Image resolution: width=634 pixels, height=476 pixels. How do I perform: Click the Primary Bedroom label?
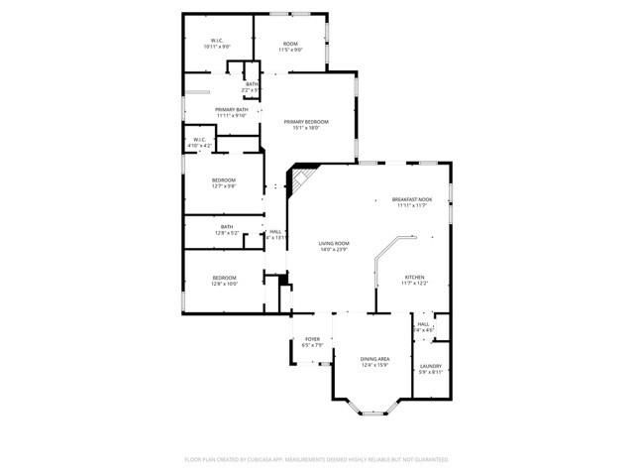click(x=305, y=121)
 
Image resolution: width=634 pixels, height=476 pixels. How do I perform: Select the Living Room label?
click(x=334, y=243)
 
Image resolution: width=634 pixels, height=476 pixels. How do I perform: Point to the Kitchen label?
click(x=414, y=278)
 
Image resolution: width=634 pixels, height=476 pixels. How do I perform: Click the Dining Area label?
click(x=374, y=359)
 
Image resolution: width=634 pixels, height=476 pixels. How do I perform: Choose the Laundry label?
click(x=430, y=366)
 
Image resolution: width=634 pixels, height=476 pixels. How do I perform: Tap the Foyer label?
click(x=312, y=339)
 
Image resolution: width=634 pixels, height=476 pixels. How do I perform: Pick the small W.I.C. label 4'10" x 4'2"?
click(x=199, y=139)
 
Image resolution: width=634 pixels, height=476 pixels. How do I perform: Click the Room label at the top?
click(x=290, y=43)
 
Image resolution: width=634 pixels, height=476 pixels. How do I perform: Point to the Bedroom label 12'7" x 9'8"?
click(x=223, y=179)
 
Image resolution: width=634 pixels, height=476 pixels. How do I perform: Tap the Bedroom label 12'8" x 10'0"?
click(x=223, y=278)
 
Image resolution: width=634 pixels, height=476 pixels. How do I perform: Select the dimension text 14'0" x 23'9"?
click(x=334, y=249)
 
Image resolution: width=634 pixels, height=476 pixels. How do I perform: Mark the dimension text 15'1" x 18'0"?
click(x=305, y=127)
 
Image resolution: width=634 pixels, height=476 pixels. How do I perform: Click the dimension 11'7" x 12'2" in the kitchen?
click(x=414, y=284)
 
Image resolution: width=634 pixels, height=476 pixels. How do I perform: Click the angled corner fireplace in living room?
click(x=299, y=179)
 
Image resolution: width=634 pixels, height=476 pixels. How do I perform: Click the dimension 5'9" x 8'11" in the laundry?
click(x=430, y=372)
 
